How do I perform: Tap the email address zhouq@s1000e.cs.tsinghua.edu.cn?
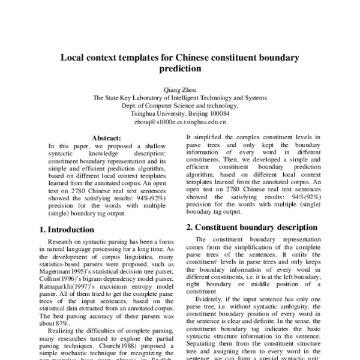pyautogui.click(x=180, y=120)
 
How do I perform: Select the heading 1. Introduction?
pyautogui.click(x=67, y=229)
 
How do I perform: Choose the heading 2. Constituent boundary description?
pyautogui.click(x=251, y=227)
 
